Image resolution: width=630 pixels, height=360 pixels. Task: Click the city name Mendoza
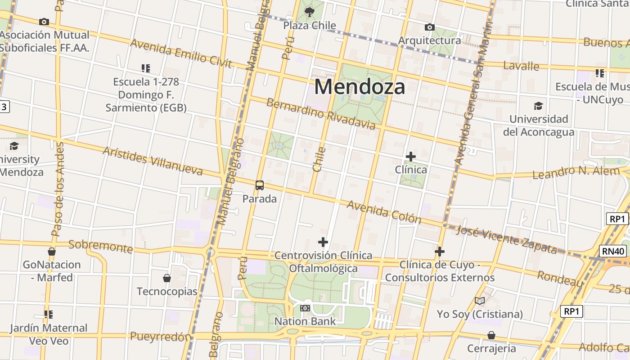coord(360,86)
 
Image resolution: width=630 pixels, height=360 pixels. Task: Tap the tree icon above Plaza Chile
coord(310,12)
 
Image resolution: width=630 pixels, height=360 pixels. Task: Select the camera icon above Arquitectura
coord(430,27)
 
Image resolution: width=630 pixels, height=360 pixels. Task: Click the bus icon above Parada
coord(260,185)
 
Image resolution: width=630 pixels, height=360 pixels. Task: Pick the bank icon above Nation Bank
coord(305,308)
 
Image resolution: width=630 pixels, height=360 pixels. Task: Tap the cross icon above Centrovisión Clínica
coord(323,242)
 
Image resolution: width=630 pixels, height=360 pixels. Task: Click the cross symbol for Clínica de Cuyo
coord(440,252)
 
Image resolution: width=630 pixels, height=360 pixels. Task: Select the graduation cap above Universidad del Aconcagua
coord(538,106)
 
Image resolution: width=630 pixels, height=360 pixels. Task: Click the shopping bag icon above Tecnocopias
coord(167,278)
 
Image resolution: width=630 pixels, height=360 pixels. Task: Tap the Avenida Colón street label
coord(384,212)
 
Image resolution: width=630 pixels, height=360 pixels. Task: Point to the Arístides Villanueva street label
coord(153,161)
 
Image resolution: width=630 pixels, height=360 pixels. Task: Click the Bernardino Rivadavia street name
coord(320,114)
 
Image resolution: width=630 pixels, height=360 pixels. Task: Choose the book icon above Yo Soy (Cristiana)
coord(480,301)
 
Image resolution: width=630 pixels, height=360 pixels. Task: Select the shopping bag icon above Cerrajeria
coord(491,335)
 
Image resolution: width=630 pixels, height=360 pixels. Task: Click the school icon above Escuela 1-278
coord(145,68)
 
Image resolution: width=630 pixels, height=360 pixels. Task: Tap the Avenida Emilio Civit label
coord(181,54)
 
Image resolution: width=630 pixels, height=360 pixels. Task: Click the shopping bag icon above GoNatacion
coord(52,252)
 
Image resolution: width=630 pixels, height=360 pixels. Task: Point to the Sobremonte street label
coord(100,246)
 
